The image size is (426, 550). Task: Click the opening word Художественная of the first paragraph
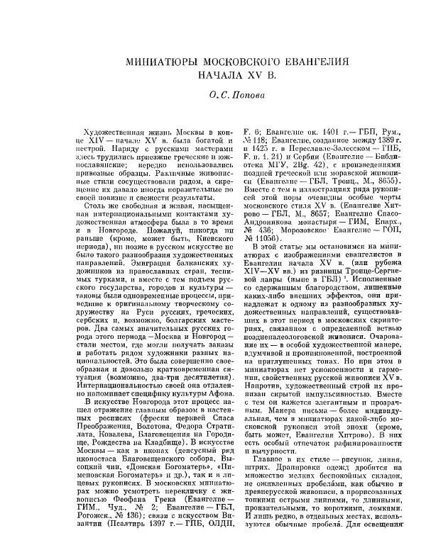pyautogui.click(x=119, y=132)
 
